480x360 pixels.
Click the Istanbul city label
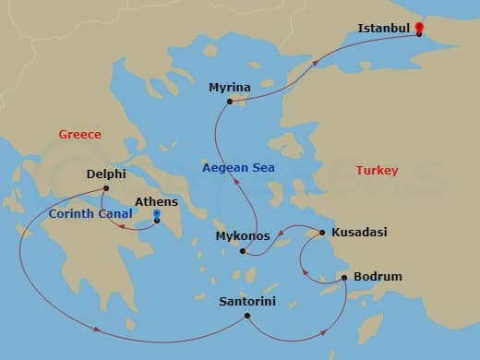click(x=383, y=29)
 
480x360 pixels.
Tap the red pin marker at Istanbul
click(x=418, y=28)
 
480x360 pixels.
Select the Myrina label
click(x=229, y=88)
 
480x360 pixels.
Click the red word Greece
click(x=79, y=135)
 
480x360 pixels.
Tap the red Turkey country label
click(x=377, y=171)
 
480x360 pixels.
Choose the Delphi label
click(x=106, y=173)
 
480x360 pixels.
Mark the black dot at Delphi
click(x=105, y=188)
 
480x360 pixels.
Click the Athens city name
click(x=156, y=201)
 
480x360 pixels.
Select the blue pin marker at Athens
click(x=156, y=216)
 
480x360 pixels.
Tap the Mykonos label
click(x=241, y=236)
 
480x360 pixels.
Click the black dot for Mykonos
click(x=243, y=251)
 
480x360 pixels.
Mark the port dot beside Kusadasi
click(x=322, y=233)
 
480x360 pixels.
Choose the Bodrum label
click(x=378, y=277)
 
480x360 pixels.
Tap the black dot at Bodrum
click(x=344, y=277)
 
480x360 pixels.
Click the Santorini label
click(x=247, y=301)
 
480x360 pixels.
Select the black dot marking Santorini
click(x=247, y=316)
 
